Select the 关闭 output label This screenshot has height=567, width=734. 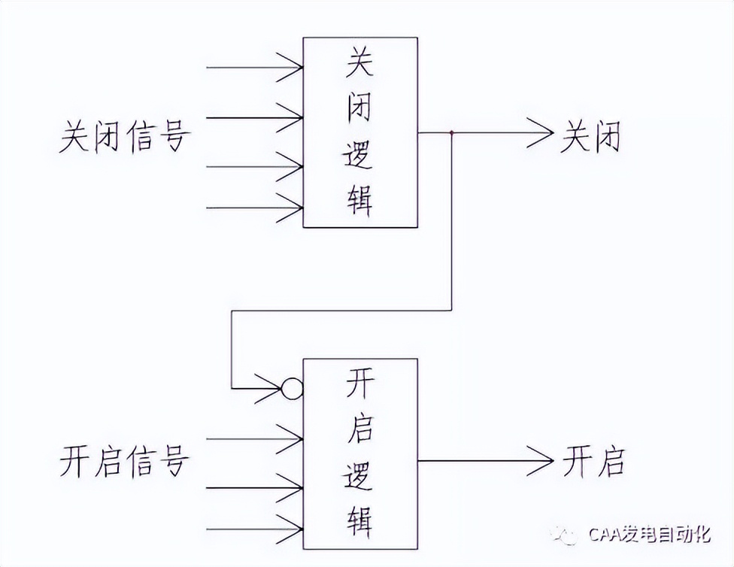tap(590, 138)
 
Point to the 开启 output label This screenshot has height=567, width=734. tap(593, 460)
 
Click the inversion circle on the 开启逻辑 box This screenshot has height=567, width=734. tap(292, 389)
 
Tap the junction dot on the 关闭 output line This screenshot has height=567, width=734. tap(451, 134)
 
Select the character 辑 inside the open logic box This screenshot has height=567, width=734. tap(359, 518)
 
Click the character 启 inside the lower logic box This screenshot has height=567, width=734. tap(359, 432)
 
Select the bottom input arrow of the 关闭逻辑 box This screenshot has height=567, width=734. tap(290, 208)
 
